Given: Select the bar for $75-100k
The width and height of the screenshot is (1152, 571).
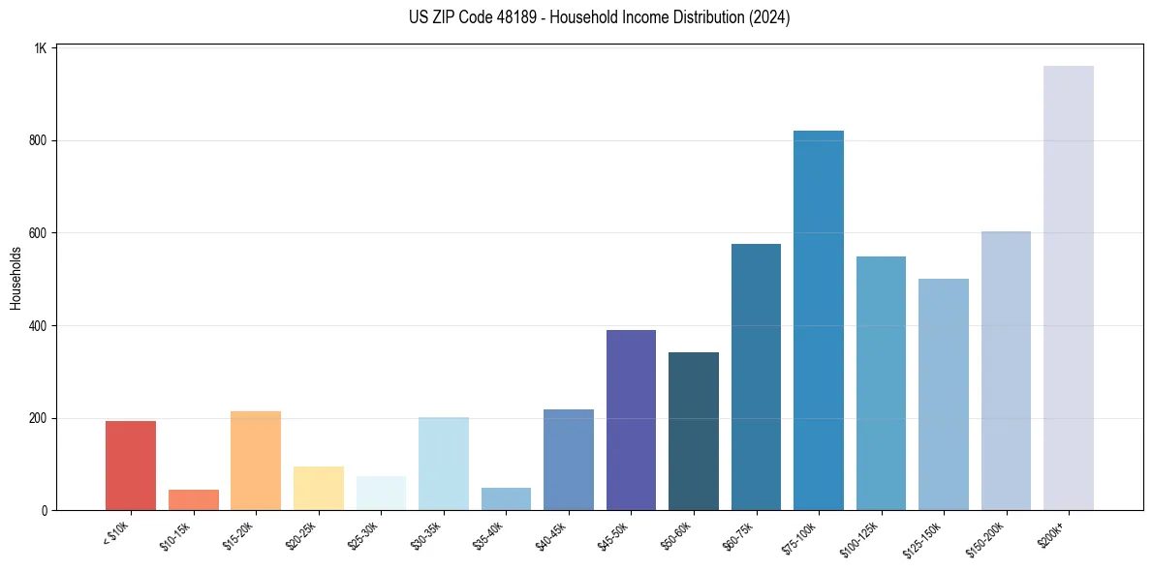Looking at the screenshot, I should click(x=819, y=320).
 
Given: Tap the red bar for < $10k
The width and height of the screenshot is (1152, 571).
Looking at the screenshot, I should click(x=131, y=466).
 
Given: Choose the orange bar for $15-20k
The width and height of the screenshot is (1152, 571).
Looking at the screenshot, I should click(x=256, y=461).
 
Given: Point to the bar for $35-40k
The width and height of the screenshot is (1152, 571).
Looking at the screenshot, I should click(x=506, y=499).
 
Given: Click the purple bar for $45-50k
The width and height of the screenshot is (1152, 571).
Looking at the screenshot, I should click(x=631, y=420).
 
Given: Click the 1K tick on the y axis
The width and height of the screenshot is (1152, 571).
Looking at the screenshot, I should click(x=41, y=48).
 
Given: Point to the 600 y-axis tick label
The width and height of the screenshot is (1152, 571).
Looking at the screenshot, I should click(x=38, y=233).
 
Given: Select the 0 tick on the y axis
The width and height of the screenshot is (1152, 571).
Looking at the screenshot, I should click(x=45, y=511).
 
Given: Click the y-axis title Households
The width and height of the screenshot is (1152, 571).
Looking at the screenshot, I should click(x=16, y=278).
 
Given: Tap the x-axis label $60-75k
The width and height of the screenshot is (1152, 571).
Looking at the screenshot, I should click(x=740, y=535).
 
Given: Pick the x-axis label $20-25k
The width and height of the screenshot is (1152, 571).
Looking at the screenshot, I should click(x=302, y=535).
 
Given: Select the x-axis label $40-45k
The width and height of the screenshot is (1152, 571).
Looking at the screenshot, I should click(x=552, y=535).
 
